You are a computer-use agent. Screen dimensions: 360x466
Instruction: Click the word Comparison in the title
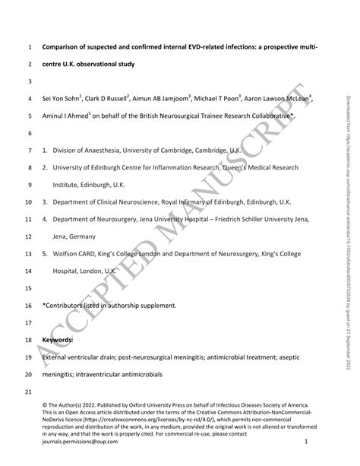click(x=64, y=48)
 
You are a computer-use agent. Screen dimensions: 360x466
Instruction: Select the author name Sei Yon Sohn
click(x=63, y=99)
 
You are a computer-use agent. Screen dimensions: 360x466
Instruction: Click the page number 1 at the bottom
click(x=305, y=440)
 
